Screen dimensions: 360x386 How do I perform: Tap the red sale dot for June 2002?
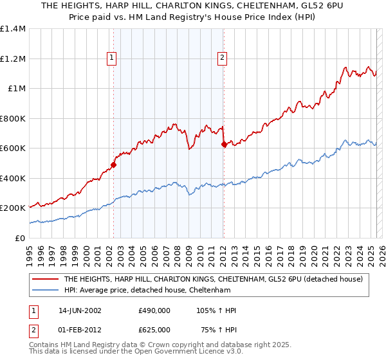coord(113,165)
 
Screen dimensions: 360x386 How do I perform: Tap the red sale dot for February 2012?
coord(223,145)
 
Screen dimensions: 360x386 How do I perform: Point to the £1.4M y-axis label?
coord(13,29)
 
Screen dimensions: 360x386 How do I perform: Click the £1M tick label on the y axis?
coord(17,89)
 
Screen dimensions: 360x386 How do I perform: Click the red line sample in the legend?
coord(45,280)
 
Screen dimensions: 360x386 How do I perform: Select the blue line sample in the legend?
coord(45,291)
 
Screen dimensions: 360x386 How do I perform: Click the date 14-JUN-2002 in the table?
coord(80,310)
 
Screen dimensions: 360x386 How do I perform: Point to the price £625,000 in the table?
coord(154,330)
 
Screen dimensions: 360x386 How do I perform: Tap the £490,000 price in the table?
coord(154,310)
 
